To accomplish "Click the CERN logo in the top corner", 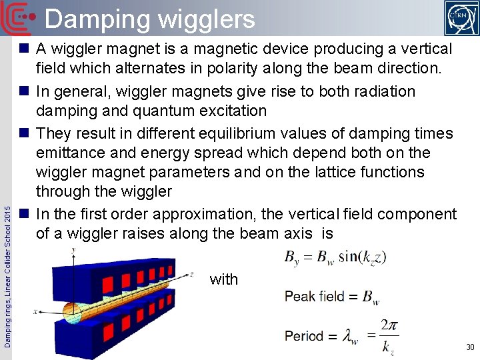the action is tap(461, 17).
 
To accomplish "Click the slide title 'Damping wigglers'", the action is tap(150, 19).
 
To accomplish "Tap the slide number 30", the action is tap(469, 347).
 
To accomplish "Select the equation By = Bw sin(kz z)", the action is tap(335, 257).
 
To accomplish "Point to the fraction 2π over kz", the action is tap(389, 335).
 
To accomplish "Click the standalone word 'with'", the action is tap(224, 279).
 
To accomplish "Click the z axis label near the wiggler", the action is tap(191, 273).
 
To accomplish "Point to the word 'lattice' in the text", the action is tap(321, 172).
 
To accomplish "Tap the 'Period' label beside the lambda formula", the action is tap(304, 336).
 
